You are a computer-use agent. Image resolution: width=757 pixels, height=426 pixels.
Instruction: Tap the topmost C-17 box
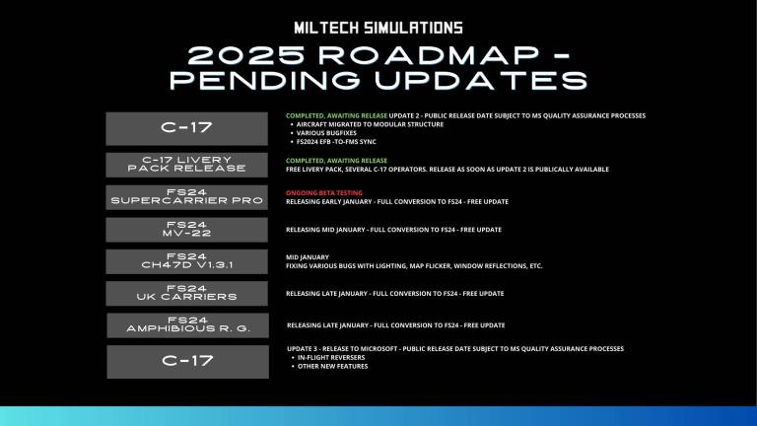(187, 128)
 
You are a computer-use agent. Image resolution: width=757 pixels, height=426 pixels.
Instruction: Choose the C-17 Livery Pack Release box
(187, 164)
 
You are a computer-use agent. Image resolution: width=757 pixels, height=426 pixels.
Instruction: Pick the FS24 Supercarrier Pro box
(187, 196)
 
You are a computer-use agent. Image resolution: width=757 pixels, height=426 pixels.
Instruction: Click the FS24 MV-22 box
(187, 230)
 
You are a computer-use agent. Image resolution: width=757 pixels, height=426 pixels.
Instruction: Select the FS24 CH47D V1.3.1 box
(187, 261)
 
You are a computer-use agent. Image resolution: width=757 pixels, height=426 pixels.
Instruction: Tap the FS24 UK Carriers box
(187, 293)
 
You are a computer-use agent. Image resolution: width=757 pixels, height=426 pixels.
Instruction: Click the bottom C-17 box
(187, 361)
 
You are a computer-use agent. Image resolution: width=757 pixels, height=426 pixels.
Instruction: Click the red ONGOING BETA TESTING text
(324, 192)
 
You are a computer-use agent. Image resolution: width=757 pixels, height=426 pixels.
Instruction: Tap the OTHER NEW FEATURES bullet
(332, 366)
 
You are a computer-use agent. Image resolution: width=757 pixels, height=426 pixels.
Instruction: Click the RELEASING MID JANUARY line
(393, 230)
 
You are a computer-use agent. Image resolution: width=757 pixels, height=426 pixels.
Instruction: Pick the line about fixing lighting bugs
(414, 265)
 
